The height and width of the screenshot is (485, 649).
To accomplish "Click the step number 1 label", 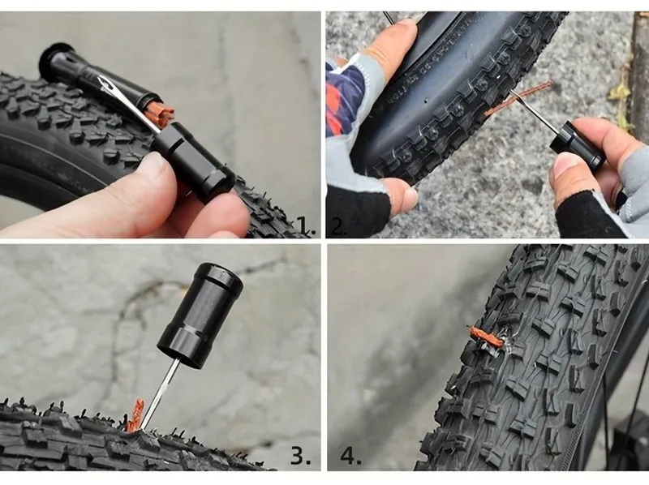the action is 307,226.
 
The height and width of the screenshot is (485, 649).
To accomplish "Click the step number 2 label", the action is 338,226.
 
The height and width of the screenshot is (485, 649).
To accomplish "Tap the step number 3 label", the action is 300,455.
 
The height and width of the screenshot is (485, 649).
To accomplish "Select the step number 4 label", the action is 350,455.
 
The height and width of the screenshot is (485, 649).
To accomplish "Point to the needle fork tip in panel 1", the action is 101,79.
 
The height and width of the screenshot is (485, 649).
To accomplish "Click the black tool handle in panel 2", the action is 577,143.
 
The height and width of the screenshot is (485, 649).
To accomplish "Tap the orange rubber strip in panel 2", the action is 518,98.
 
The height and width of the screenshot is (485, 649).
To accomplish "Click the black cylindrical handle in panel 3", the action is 199,314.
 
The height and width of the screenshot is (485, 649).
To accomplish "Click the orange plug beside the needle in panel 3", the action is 135,415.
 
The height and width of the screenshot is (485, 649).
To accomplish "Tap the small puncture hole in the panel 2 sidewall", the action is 427,101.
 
